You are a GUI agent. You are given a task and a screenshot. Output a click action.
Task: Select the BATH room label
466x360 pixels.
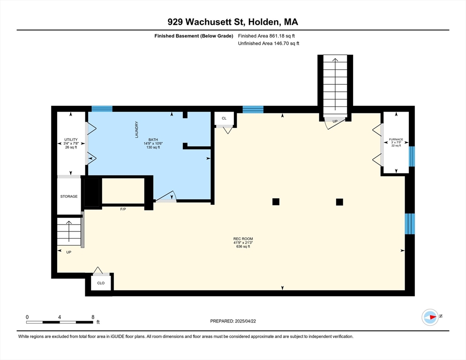(x=153, y=140)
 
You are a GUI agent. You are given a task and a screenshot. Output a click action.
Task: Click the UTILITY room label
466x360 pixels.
(x=71, y=140)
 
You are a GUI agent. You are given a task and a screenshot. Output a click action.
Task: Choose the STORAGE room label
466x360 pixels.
(x=68, y=196)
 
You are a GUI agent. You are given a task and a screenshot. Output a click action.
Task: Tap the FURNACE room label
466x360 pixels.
(x=396, y=140)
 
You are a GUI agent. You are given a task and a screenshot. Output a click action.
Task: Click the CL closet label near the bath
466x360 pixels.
(x=224, y=118)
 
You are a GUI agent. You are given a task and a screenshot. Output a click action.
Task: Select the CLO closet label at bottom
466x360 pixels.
(x=101, y=283)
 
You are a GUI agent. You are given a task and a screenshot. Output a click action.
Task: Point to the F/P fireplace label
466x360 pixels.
(x=123, y=209)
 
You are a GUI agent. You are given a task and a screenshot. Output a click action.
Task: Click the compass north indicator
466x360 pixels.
(x=430, y=317)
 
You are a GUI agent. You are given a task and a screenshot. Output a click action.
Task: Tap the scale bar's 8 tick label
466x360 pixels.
(x=93, y=317)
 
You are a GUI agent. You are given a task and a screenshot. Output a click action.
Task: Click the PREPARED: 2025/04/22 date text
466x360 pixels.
(x=233, y=321)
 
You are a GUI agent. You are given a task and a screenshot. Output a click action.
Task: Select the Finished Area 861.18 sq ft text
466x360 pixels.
(x=266, y=36)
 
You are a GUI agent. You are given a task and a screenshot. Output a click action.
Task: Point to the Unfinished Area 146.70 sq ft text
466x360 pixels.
(x=268, y=43)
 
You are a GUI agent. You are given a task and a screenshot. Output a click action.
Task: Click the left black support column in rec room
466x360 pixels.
(x=276, y=202)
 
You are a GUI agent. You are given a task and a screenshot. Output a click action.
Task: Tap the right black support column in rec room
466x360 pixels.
(x=339, y=202)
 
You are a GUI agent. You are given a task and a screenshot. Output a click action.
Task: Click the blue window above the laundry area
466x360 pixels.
(x=102, y=109)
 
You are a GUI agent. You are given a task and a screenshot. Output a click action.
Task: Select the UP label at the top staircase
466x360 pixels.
(x=335, y=121)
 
